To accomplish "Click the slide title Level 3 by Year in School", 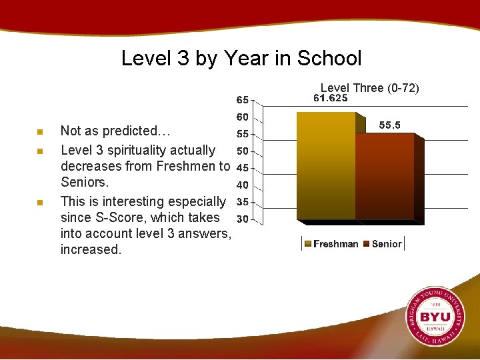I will pos(241,58).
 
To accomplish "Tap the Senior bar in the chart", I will pos(385,177).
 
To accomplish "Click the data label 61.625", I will pos(331,98).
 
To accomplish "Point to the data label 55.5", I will pos(390,125).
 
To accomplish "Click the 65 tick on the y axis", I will pos(242,100).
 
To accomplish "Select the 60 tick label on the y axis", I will pos(242,117).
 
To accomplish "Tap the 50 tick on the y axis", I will pos(242,151).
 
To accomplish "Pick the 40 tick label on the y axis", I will pos(242,185).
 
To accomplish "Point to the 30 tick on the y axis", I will pos(242,219).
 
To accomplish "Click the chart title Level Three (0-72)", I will pos(370,88).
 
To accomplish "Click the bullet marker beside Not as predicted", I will pos(40,132).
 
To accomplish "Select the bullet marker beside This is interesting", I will pos(40,202).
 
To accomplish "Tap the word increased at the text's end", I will pos(91,249).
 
